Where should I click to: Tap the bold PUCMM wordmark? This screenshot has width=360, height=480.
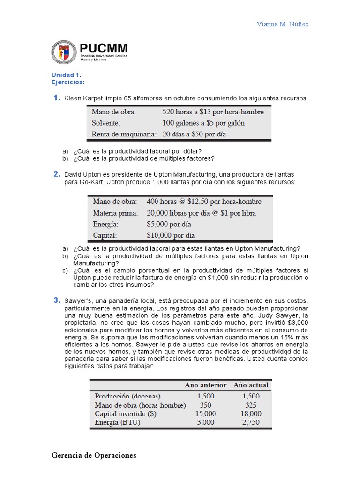103,48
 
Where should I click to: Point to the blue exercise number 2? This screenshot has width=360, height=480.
56,174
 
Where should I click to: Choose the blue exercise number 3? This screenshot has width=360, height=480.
56,300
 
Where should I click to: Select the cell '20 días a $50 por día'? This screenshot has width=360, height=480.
195,134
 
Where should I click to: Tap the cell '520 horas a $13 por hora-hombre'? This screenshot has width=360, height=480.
213,112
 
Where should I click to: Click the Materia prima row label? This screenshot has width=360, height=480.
115,213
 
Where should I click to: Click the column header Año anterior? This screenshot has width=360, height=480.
206,385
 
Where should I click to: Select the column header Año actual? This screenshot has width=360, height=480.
251,385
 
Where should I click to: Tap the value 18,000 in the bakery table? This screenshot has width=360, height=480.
251,413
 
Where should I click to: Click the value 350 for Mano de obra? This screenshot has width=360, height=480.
205,405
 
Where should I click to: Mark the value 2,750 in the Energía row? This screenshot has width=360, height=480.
251,422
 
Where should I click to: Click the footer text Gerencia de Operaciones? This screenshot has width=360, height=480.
94,455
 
